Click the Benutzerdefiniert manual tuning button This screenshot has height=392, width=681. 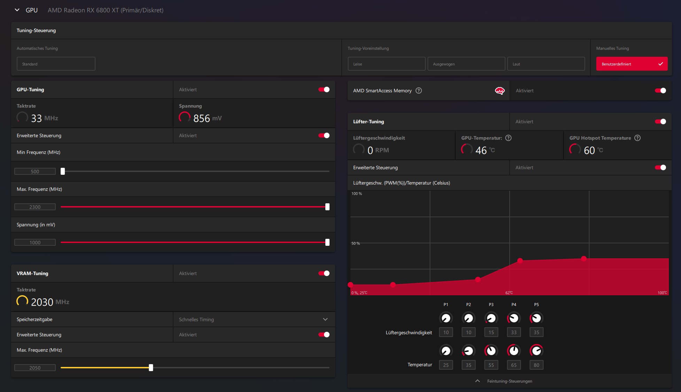pyautogui.click(x=632, y=64)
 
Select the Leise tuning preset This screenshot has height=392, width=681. pyautogui.click(x=386, y=64)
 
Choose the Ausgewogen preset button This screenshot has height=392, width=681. pyautogui.click(x=466, y=64)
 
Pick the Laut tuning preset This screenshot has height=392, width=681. pyautogui.click(x=546, y=64)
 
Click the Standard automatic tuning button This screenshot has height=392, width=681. pyautogui.click(x=56, y=64)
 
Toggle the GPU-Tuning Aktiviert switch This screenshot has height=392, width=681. pyautogui.click(x=324, y=89)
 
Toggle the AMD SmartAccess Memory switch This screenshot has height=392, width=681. pyautogui.click(x=660, y=91)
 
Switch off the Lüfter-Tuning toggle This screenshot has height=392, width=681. pyautogui.click(x=660, y=121)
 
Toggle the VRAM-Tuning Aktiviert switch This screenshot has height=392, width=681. pyautogui.click(x=324, y=273)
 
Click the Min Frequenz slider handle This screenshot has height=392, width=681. pyautogui.click(x=63, y=171)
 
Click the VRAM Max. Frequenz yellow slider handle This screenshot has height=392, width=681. pyautogui.click(x=151, y=368)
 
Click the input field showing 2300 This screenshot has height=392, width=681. pyautogui.click(x=35, y=207)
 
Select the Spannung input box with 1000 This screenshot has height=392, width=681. pyautogui.click(x=35, y=242)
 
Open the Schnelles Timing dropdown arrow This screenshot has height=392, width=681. pyautogui.click(x=325, y=319)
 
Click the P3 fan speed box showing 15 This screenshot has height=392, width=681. pyautogui.click(x=491, y=332)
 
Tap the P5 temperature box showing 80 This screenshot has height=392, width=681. pyautogui.click(x=536, y=365)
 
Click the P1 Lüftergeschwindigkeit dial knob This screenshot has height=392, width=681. pyautogui.click(x=446, y=318)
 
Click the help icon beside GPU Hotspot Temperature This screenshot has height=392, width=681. pyautogui.click(x=637, y=138)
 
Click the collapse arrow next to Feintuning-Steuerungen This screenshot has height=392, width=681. pyautogui.click(x=478, y=381)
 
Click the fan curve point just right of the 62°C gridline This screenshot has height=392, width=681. pyautogui.click(x=520, y=260)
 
